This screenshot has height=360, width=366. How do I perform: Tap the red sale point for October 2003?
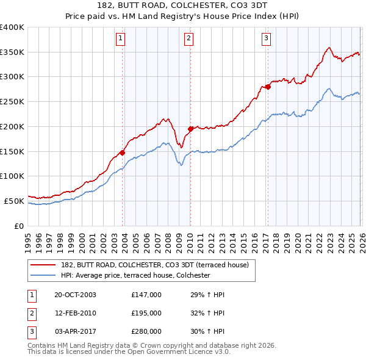click(x=123, y=153)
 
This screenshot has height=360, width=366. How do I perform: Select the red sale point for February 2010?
click(x=190, y=129)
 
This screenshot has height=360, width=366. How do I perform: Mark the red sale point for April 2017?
click(x=267, y=86)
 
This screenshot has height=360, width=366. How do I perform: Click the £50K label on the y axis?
click(x=14, y=201)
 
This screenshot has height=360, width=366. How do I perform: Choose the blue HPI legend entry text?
click(x=135, y=276)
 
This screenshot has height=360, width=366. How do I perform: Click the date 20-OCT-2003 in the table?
click(x=75, y=295)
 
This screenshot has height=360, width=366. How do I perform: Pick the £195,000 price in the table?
click(x=146, y=313)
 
